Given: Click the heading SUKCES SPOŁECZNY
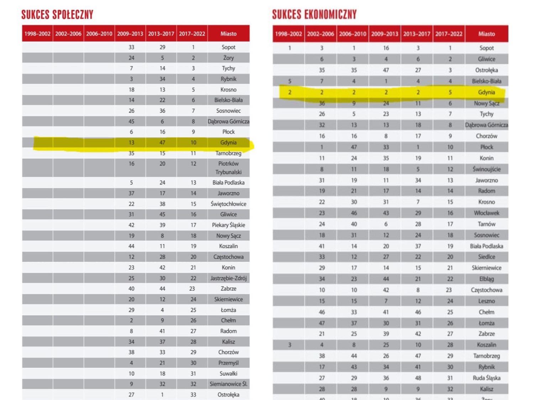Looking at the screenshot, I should coord(57,15).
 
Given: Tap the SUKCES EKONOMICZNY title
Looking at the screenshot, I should coord(314,15).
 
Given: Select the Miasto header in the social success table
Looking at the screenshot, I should coord(228,34).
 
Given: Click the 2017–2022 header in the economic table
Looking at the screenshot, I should coord(449,34).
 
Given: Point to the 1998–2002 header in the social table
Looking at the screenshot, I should coord(37,34).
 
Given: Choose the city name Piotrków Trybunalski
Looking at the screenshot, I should coord(228,168).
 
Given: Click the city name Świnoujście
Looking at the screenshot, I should coord(486,169).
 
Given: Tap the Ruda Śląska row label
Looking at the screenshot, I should coord(486,378).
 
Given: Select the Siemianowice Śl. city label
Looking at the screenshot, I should coord(228,384).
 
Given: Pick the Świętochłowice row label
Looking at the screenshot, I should coord(228,204).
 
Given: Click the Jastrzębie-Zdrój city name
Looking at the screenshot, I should coord(228,278).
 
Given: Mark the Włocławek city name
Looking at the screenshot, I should coord(486,213).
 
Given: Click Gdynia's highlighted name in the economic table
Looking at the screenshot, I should coord(486,92).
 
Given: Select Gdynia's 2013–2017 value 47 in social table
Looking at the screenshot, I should coord(162,143).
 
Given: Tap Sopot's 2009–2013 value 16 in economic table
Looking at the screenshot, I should coord(386,48).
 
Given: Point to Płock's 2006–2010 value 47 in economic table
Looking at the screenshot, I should coord(354,147).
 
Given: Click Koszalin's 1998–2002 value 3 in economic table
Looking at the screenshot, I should coord(290,345).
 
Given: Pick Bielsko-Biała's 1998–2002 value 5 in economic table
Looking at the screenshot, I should coord(290,81).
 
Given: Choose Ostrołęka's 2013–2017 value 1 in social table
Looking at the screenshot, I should coord(162,395).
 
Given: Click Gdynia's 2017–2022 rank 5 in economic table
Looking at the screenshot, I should coord(450,92).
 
